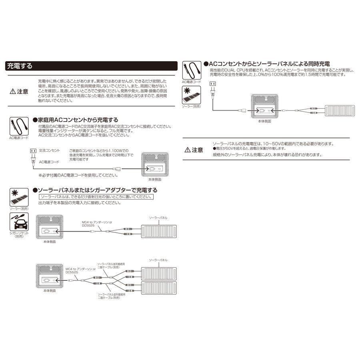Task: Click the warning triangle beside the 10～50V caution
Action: (x=188, y=150)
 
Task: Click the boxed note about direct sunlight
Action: (x=96, y=197)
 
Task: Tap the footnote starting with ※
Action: (x=73, y=175)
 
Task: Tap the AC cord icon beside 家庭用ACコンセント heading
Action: (x=19, y=126)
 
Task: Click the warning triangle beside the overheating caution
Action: (x=13, y=91)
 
